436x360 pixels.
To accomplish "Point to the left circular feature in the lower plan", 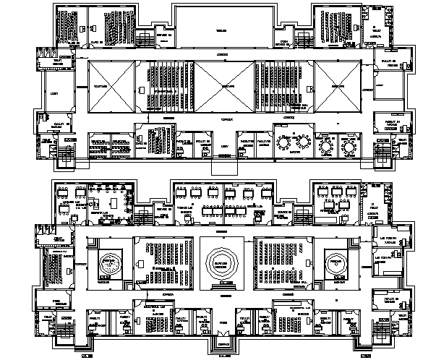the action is click(111, 261).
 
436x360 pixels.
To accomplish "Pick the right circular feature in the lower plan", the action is click(335, 261).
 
